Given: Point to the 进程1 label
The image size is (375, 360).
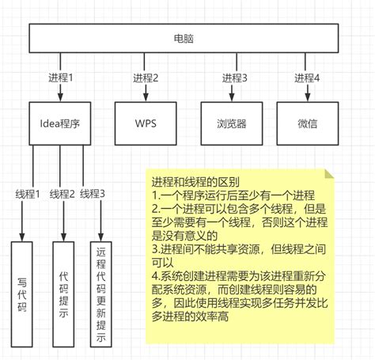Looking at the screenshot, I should click(x=60, y=78).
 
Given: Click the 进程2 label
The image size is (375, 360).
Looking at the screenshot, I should click(x=146, y=78).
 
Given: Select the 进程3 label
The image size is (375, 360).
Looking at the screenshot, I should click(x=234, y=78).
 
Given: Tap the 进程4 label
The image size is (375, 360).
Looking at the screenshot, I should click(x=307, y=78).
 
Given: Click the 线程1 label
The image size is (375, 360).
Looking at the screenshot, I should click(x=28, y=194).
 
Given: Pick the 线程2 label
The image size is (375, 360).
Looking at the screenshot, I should click(x=62, y=194).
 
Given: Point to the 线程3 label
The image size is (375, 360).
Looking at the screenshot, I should click(x=93, y=194).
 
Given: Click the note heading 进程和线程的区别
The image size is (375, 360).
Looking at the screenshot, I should click(x=195, y=182).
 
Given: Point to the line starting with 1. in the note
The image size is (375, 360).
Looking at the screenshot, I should click(x=233, y=195).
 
